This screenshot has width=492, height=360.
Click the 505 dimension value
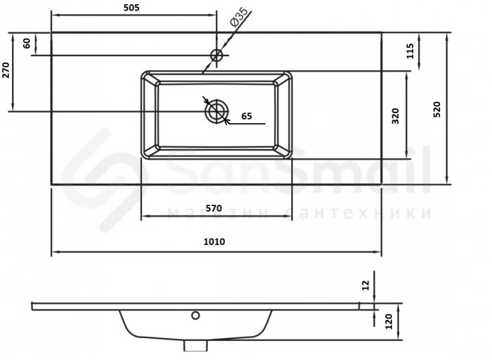click(x=131, y=8)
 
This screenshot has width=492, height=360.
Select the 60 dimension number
click(x=27, y=44)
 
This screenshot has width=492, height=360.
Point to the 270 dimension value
click(x=6, y=70)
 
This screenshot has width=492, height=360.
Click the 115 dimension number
click(x=410, y=51)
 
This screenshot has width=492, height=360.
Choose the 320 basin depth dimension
click(x=395, y=116)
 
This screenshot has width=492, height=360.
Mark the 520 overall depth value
click(x=436, y=109)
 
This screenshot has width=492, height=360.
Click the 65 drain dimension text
click(x=247, y=116)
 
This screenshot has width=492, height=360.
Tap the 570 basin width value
click(x=214, y=208)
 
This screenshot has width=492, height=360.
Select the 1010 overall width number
click(x=214, y=242)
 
